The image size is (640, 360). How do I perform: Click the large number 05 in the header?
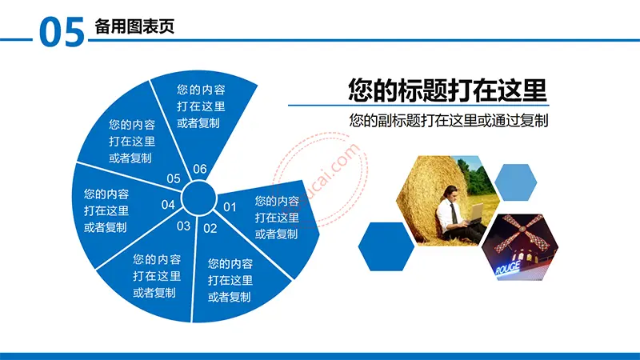[62, 32]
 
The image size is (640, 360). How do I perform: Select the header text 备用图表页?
[134, 26]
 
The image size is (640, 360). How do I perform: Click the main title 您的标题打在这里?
[447, 90]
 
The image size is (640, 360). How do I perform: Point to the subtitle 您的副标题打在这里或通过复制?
[448, 121]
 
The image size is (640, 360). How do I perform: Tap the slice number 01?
[230, 207]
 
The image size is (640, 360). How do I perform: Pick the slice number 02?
[210, 229]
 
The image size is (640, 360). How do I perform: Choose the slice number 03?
[184, 226]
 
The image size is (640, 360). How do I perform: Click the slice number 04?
[168, 205]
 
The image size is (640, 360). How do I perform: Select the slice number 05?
[174, 178]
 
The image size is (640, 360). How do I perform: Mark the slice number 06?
[200, 169]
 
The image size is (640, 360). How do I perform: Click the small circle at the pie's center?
[198, 198]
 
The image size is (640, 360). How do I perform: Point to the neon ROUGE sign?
[507, 269]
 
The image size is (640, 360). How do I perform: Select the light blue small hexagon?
[515, 182]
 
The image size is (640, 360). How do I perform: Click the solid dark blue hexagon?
[386, 246]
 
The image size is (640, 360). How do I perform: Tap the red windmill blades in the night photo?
[522, 232]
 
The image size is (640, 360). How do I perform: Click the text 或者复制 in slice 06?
[198, 123]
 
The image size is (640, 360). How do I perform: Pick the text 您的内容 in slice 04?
[106, 194]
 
